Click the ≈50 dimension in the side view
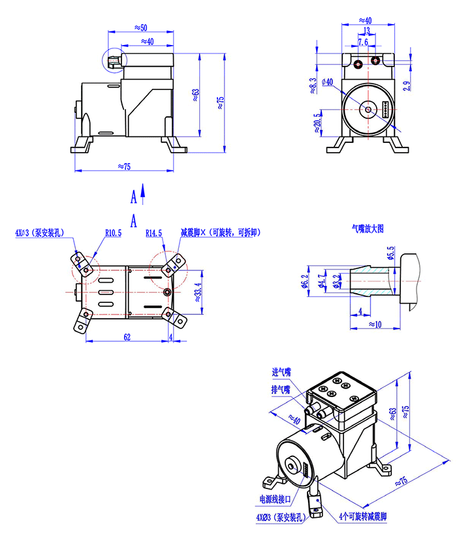coord(140,27)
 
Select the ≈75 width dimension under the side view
coord(124,166)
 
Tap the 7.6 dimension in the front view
coord(362,42)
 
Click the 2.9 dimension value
coord(406,84)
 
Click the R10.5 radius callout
coord(113,232)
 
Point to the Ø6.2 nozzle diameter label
coord(304,280)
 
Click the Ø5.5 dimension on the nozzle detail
coord(390,253)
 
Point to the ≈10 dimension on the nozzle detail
coord(375,324)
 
